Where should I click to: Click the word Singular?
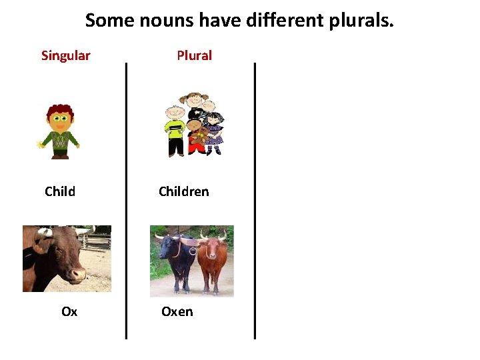(65, 55)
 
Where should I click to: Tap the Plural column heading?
(194, 55)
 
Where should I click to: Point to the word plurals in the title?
(361, 21)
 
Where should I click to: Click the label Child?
(60, 192)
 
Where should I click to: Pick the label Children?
(183, 192)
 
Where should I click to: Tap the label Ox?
(69, 312)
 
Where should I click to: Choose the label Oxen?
(177, 312)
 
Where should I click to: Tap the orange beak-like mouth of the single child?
(60, 127)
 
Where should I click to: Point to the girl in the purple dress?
(214, 130)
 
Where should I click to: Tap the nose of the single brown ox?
(79, 273)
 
